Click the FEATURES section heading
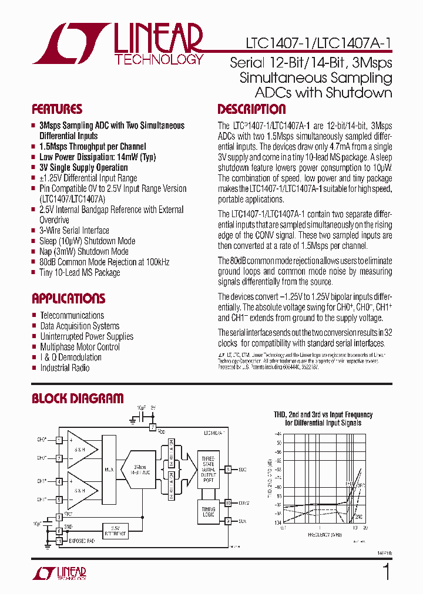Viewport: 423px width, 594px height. click(x=57, y=109)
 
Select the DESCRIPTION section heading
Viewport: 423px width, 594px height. click(x=251, y=109)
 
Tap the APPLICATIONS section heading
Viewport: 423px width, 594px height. click(x=68, y=298)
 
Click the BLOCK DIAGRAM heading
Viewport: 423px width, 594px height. click(x=78, y=399)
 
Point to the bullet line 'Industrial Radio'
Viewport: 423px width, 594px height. click(x=65, y=368)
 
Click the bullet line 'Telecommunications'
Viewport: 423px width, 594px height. click(x=72, y=316)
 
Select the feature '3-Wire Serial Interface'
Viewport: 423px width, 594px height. click(x=74, y=231)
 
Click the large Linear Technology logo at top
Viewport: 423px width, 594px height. click(x=117, y=43)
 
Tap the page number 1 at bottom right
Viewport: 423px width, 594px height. click(x=386, y=572)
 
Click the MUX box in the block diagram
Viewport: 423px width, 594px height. click(x=109, y=470)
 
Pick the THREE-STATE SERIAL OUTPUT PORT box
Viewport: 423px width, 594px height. click(x=209, y=470)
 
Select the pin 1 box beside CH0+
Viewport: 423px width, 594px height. click(x=59, y=440)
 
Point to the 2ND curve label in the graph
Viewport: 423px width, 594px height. click(x=359, y=517)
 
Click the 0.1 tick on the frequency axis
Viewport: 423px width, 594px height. click(x=283, y=528)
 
